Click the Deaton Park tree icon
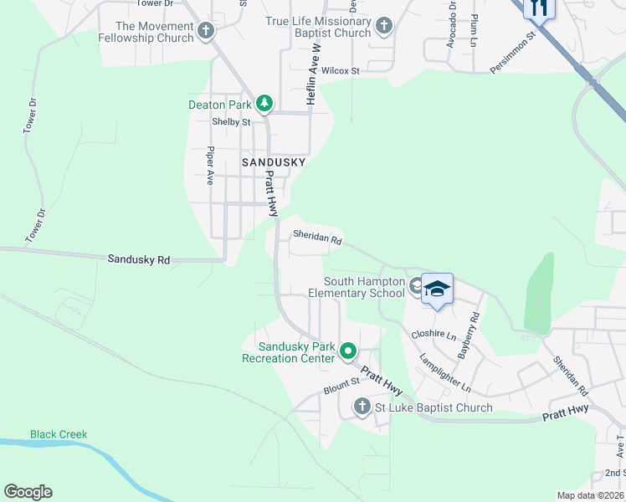(x=264, y=104)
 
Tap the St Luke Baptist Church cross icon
(x=362, y=407)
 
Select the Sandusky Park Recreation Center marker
(x=349, y=352)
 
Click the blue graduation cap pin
(x=437, y=289)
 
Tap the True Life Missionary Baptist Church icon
(x=384, y=27)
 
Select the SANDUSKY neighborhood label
(x=274, y=162)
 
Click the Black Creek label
(x=59, y=434)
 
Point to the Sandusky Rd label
(x=139, y=260)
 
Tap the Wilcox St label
(x=340, y=71)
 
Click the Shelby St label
(x=231, y=122)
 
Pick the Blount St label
(x=341, y=387)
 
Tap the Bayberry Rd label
(x=468, y=336)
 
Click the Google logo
(x=28, y=492)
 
